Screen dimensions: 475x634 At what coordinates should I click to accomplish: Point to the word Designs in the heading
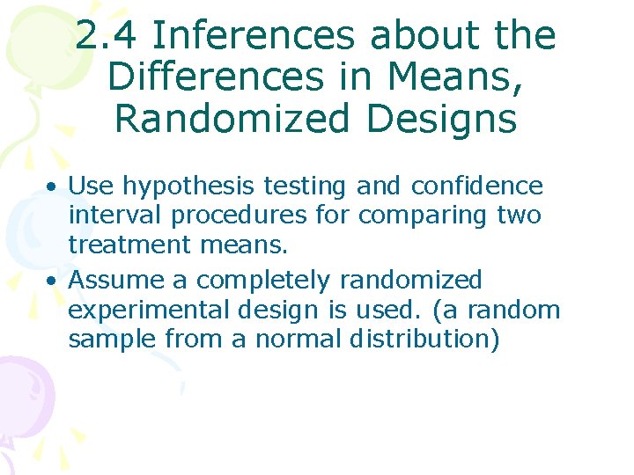439,118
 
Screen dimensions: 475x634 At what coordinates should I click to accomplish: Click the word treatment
130,244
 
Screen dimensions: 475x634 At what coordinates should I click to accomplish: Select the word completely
263,281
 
